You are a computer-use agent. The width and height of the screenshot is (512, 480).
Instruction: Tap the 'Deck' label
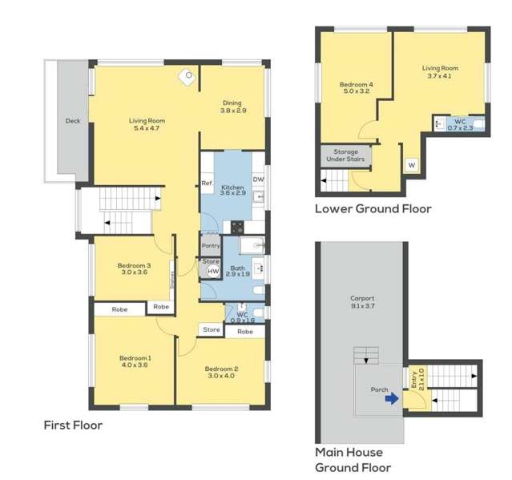[x=73, y=121]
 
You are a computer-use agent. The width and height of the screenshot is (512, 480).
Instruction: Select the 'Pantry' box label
[x=211, y=246]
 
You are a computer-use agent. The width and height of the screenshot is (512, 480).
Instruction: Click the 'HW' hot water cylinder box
[x=213, y=272]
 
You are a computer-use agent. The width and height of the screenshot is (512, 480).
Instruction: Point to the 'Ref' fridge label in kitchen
[x=206, y=184]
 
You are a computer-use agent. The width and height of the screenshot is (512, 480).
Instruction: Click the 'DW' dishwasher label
[x=258, y=179]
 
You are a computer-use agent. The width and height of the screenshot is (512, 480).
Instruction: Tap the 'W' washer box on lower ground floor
[x=412, y=164]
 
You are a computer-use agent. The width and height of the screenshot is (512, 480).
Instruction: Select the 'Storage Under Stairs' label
[x=345, y=155]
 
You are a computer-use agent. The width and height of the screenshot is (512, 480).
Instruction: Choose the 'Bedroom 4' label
[x=353, y=87]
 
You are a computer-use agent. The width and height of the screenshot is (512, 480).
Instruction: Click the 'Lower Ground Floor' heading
[x=373, y=209]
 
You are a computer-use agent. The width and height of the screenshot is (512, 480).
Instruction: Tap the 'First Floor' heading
[x=73, y=426]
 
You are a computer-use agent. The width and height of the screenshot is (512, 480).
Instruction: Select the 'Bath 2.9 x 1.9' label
[x=238, y=272]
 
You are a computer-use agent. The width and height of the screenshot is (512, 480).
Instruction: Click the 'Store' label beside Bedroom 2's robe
[x=212, y=329]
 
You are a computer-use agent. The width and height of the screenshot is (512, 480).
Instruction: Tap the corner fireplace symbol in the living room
[x=189, y=76]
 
